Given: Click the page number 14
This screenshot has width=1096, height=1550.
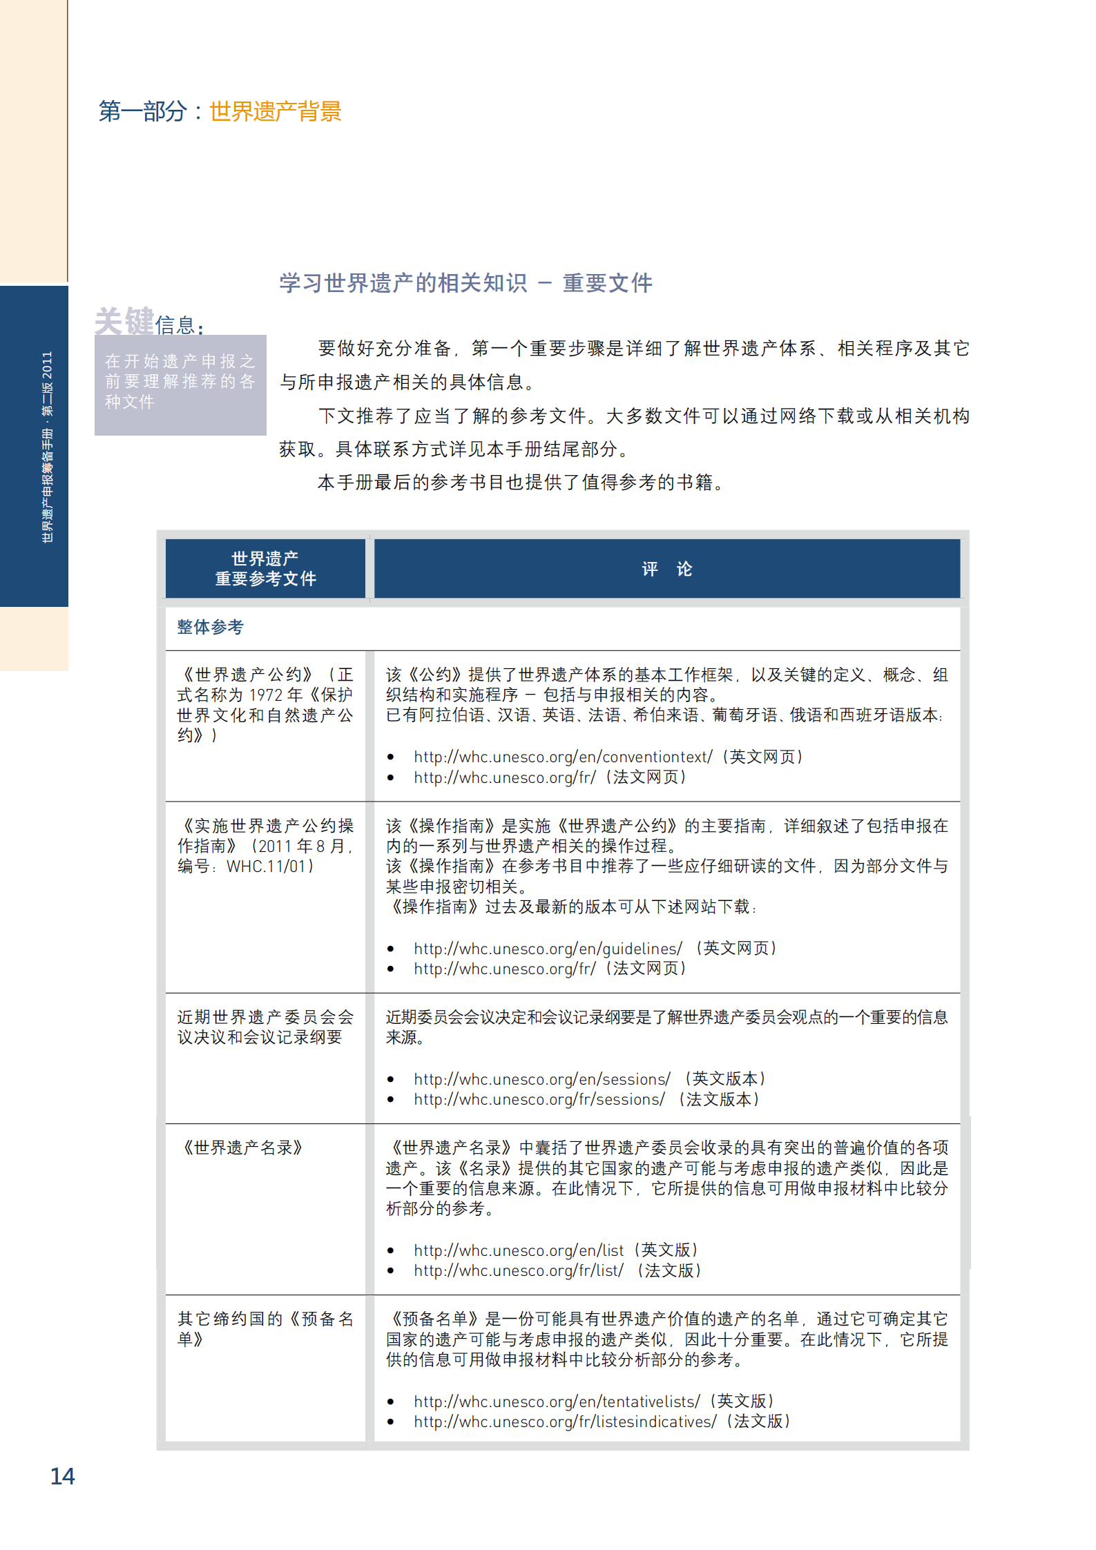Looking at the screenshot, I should tap(62, 1475).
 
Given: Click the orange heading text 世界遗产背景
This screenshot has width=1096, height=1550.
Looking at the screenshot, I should tap(275, 111).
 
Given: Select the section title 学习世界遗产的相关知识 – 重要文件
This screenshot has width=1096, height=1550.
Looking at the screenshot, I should tap(465, 283).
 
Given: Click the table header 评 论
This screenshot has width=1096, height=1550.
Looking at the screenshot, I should tap(666, 568).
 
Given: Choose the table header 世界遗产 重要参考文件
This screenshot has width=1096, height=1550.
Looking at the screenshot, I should tap(265, 568).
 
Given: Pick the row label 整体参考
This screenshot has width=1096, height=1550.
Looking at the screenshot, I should tap(210, 627).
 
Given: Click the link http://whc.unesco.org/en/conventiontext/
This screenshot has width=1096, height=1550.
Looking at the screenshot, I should tap(563, 757).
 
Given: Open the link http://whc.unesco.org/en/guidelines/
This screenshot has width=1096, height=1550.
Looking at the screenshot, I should tap(548, 949).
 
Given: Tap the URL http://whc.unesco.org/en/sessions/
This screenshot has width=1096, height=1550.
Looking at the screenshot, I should tap(542, 1079).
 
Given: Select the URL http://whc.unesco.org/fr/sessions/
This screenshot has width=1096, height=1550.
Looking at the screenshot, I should tap(539, 1099).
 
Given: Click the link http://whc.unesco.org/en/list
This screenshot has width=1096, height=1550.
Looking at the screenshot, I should tap(519, 1250).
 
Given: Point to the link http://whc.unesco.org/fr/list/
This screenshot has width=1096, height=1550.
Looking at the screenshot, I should tap(519, 1270).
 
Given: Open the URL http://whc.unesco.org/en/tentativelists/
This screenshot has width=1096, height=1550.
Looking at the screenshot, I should tap(557, 1402).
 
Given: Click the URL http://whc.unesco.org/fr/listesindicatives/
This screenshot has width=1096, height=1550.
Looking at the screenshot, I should tap(565, 1422).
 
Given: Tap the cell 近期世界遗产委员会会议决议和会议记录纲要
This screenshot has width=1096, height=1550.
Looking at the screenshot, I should tap(265, 1027).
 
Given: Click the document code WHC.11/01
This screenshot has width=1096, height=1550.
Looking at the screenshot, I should tap(270, 866).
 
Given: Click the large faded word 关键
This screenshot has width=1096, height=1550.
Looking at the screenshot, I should tap(124, 320).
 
